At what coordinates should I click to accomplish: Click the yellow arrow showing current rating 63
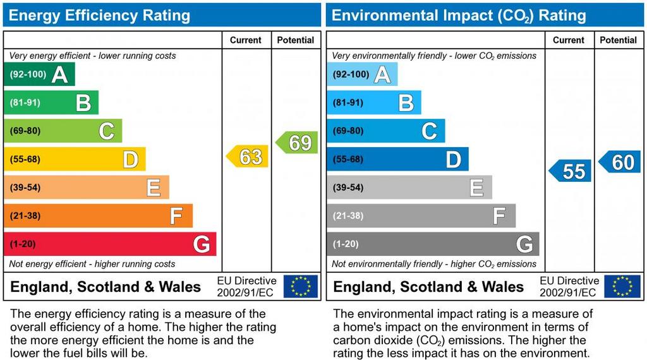(248, 156)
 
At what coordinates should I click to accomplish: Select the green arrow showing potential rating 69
(298, 143)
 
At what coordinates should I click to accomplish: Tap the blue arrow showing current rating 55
(571, 171)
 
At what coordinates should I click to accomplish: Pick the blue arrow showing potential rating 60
(620, 162)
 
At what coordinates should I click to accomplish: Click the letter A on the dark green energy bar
(59, 75)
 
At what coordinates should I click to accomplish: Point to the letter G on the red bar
(202, 244)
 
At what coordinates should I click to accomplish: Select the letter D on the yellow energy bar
(130, 159)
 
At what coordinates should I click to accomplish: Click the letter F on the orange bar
(176, 216)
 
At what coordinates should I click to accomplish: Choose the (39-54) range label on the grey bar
(348, 188)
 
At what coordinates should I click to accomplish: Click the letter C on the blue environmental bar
(429, 131)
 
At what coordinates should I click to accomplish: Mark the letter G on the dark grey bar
(524, 244)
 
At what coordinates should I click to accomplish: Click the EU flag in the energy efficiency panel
(300, 286)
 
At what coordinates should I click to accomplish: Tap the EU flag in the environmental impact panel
(622, 286)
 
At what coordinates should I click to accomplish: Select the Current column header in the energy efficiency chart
(246, 40)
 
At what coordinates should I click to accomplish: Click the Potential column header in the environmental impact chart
(618, 40)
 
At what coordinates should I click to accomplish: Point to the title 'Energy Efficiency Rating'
(99, 15)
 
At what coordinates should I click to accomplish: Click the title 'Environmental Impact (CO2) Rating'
(459, 15)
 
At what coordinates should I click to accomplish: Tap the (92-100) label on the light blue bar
(351, 75)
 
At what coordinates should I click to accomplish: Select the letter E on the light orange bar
(154, 188)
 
